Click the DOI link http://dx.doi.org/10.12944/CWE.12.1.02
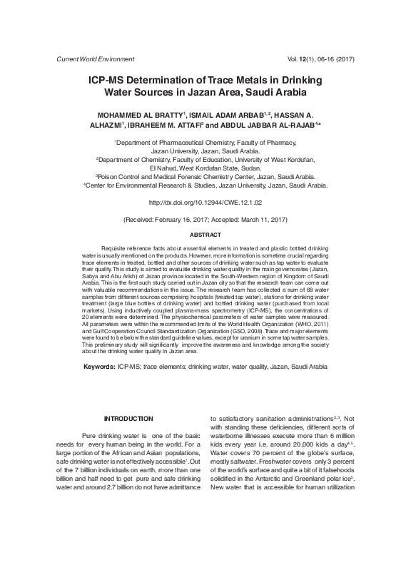pyautogui.click(x=205, y=203)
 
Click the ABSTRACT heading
pyautogui.click(x=205, y=235)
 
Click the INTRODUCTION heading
pyautogui.click(x=128, y=418)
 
